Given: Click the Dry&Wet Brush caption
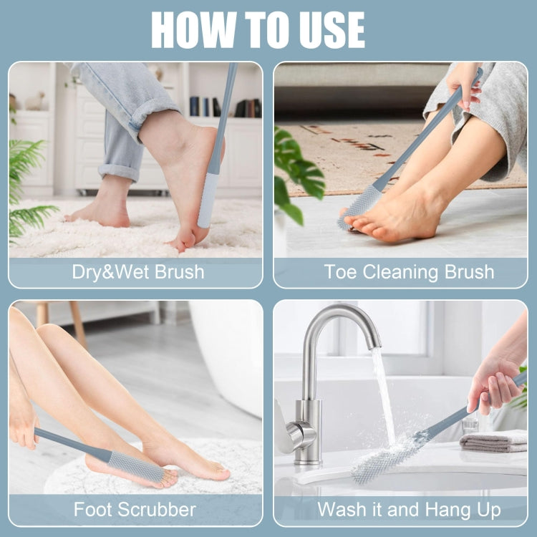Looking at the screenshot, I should [x=137, y=272].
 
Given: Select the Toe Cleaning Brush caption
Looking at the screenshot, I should [x=409, y=272].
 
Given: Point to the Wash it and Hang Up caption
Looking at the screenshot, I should [x=409, y=510].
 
